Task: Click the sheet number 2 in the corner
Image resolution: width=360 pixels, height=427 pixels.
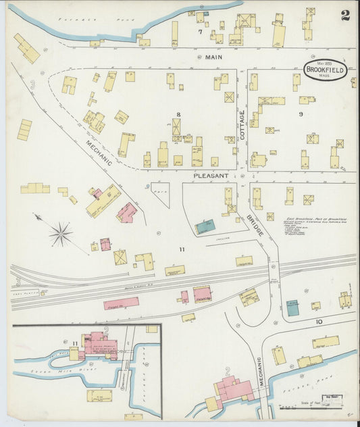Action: coord(345,16)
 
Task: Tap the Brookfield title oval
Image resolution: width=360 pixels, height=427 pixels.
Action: coord(326,70)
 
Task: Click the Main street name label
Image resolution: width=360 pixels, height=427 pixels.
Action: coord(213,58)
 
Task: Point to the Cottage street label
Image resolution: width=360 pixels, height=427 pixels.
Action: coord(242,125)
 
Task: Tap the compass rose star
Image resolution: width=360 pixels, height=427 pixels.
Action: coord(60,234)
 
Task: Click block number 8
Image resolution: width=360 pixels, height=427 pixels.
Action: coord(179,114)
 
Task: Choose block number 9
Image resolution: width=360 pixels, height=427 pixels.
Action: coord(301,114)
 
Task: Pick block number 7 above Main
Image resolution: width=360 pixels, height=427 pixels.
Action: coord(200,32)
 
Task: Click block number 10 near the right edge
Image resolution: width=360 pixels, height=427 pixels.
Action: coord(319,321)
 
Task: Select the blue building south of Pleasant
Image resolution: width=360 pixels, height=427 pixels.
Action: coord(205,227)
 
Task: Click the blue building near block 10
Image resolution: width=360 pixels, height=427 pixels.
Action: coord(292,308)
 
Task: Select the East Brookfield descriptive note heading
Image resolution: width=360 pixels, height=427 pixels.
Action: coord(315,220)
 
